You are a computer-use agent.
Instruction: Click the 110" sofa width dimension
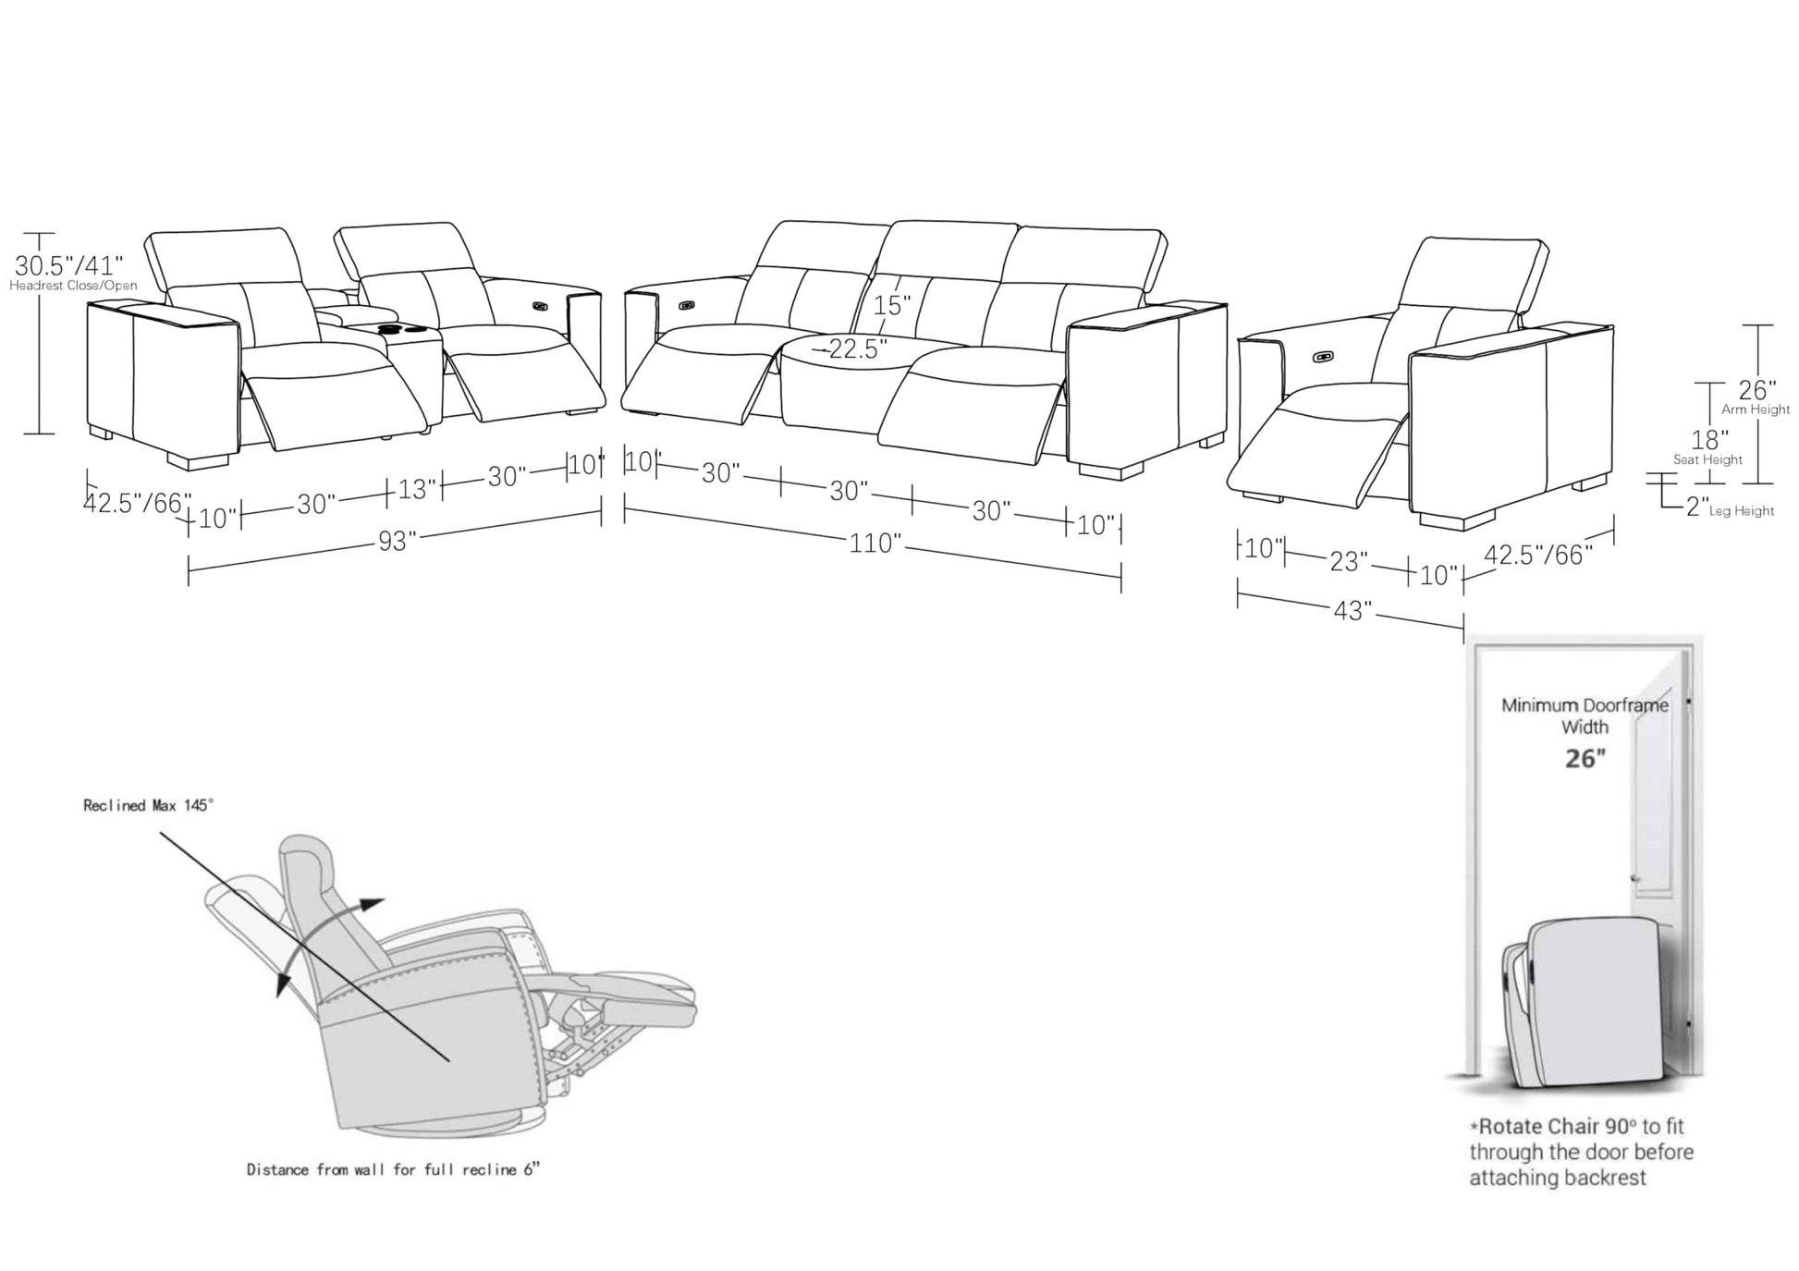point(875,543)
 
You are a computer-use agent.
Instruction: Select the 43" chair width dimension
point(1351,610)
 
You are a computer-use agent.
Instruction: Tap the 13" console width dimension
point(416,488)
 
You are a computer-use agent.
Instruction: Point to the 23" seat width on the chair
point(1348,561)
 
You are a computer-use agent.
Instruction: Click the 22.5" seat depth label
point(856,348)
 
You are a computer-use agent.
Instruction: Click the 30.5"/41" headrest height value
point(68,266)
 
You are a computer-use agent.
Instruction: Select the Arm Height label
point(1755,409)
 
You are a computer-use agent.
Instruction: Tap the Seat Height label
point(1707,459)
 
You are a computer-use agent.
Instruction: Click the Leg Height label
point(1741,510)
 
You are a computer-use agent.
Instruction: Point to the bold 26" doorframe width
point(1585,759)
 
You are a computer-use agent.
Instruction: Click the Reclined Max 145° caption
point(148,805)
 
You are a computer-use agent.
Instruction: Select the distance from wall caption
point(393,1169)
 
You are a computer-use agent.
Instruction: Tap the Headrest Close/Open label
point(73,286)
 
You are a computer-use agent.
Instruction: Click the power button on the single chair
point(1324,355)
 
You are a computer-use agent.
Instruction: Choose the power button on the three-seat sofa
point(687,304)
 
